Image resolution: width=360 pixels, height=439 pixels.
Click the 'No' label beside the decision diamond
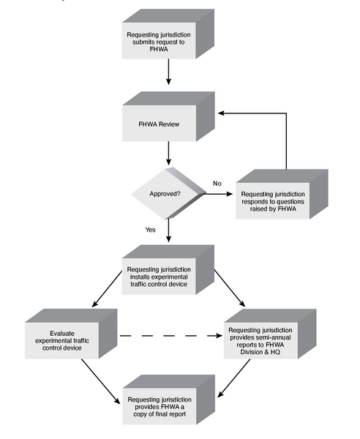click(x=217, y=182)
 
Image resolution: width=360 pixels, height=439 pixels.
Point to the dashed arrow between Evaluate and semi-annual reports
click(x=168, y=337)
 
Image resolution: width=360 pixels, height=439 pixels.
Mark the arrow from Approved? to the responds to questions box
click(x=217, y=195)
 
